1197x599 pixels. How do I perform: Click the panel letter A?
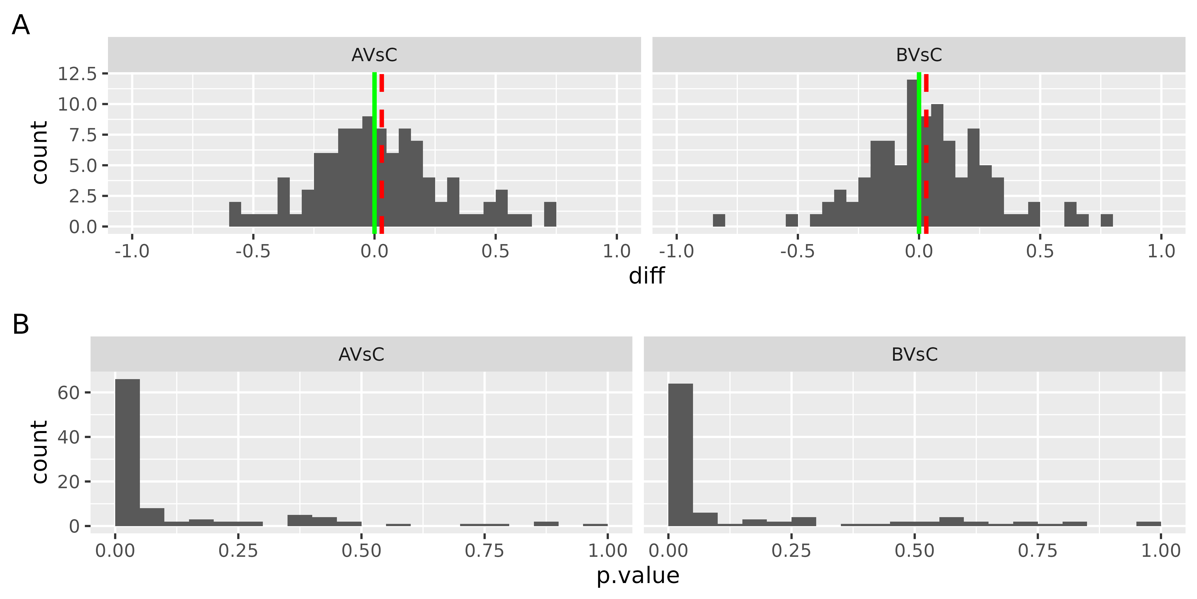coord(21,25)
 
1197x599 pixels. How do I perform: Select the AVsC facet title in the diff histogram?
coord(374,55)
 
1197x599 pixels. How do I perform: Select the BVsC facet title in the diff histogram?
coord(919,55)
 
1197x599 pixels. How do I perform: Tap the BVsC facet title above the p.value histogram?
coord(914,354)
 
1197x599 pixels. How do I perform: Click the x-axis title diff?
coord(646,276)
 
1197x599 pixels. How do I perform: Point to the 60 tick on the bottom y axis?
coord(69,393)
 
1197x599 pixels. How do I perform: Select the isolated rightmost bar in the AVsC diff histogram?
coord(550,214)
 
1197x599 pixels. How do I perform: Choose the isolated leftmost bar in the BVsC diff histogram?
coord(719,220)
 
